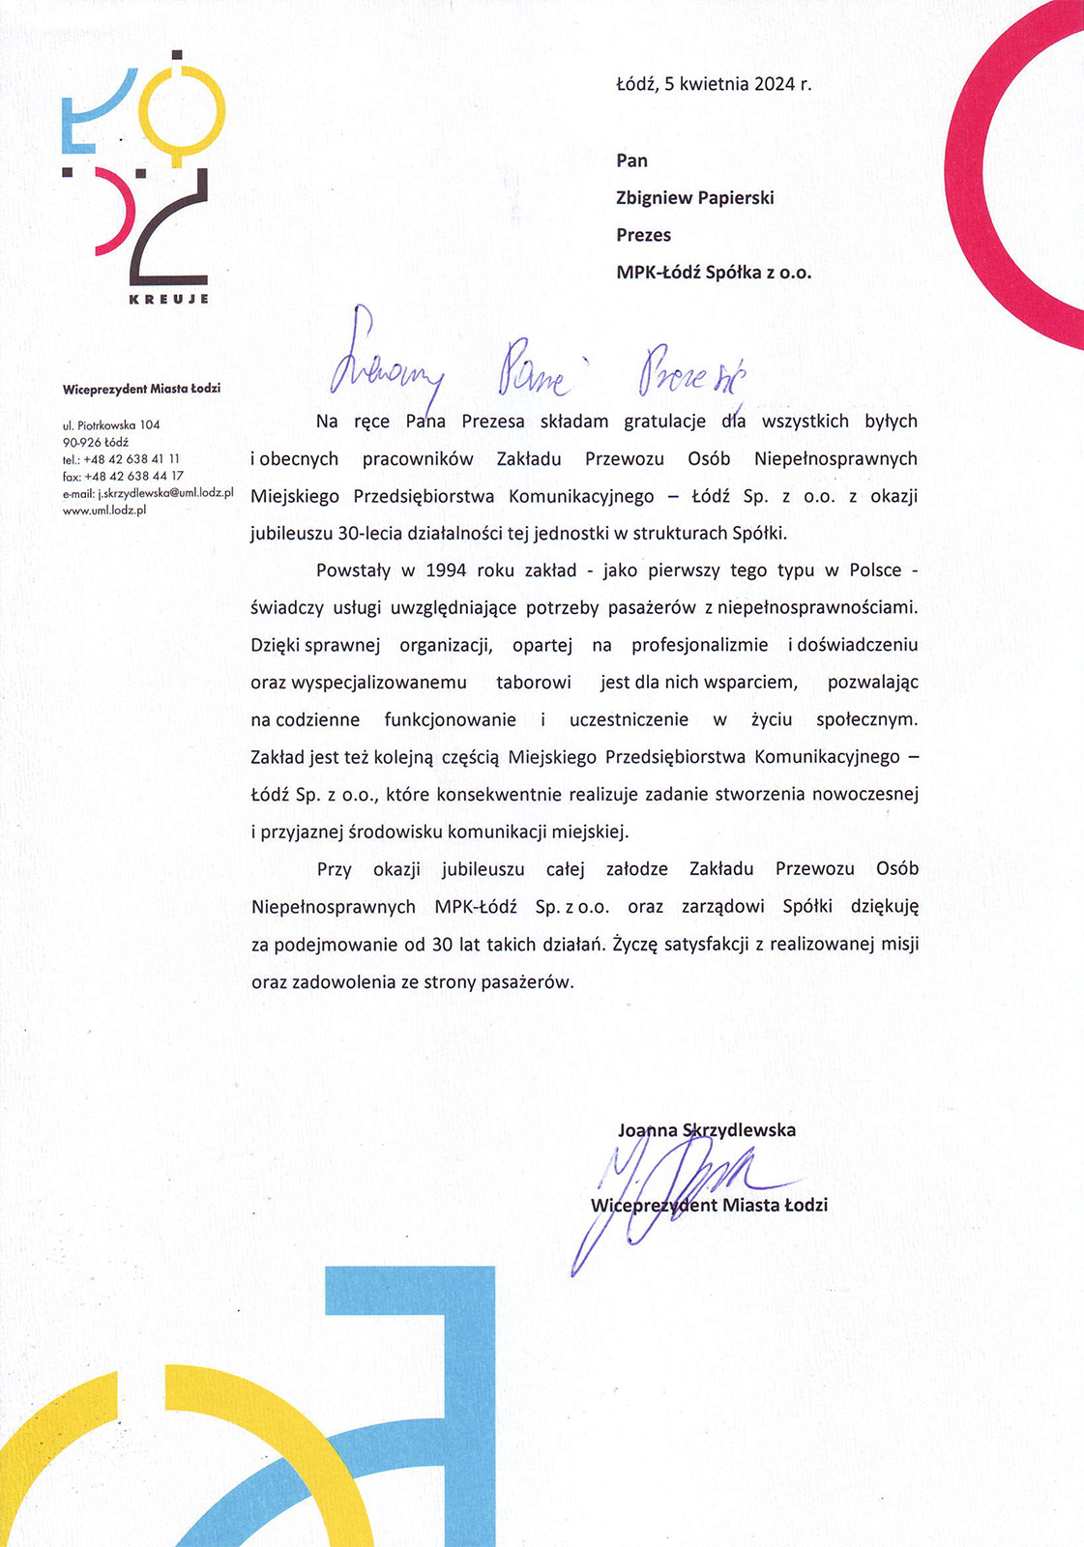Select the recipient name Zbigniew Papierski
(694, 198)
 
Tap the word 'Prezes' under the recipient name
(643, 235)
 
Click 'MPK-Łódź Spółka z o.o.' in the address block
(714, 273)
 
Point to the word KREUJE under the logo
(169, 299)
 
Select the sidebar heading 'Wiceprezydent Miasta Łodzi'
(141, 389)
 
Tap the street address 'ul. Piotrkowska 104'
(111, 424)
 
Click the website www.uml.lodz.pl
(104, 511)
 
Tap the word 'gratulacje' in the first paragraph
(665, 422)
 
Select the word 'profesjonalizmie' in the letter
(700, 645)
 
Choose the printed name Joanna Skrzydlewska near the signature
(707, 1130)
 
